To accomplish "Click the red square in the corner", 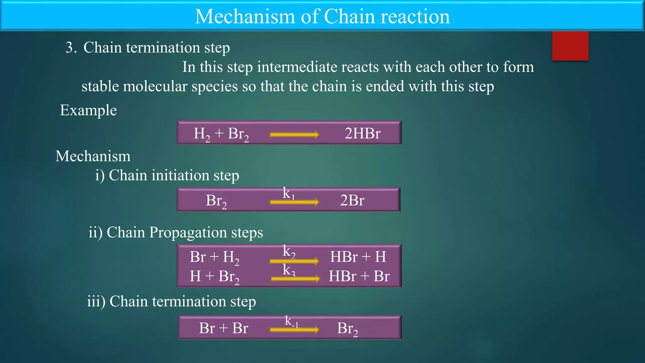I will point(570,46).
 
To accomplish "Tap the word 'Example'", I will point(88,110).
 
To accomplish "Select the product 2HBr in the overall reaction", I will point(362,133).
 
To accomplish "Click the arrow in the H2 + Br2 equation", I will point(294,135).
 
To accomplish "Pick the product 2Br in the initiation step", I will point(352,200).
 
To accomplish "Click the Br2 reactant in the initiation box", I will point(216,201).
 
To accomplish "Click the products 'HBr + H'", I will point(358,257).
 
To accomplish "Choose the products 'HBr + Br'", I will point(359,276).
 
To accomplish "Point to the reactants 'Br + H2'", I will point(214,257).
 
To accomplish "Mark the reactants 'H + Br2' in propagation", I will point(214,277).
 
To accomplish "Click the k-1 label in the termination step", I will point(291,321).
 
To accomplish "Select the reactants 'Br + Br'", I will point(223,328).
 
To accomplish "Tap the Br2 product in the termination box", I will point(347,329).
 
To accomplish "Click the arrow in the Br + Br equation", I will point(294,330).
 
